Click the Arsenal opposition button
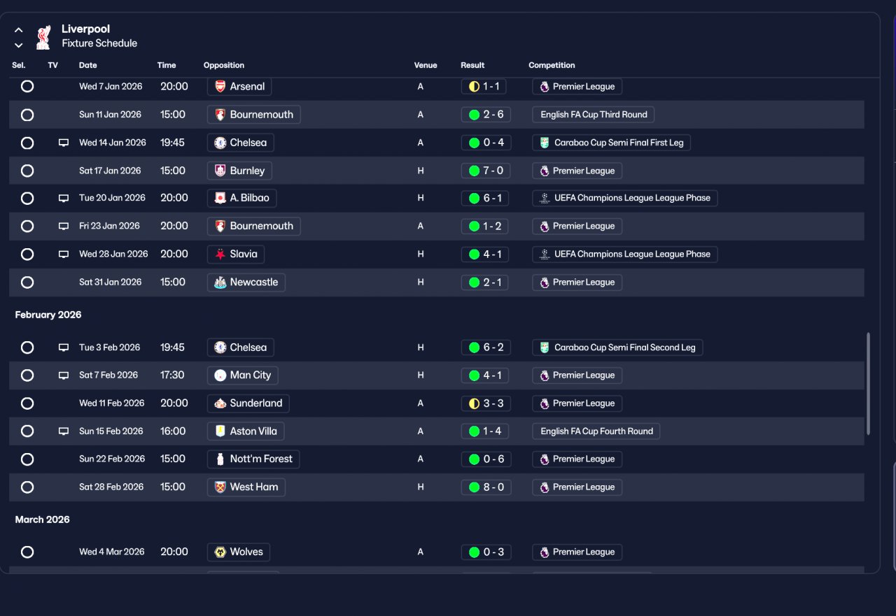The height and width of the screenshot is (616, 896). pyautogui.click(x=239, y=87)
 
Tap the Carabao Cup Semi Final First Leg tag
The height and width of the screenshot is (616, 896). pyautogui.click(x=612, y=143)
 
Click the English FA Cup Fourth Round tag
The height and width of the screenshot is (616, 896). pyautogui.click(x=596, y=431)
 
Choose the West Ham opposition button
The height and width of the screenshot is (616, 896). pyautogui.click(x=246, y=487)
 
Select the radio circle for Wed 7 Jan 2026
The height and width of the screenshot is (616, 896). pyautogui.click(x=27, y=87)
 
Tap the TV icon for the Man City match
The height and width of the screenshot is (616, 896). pyautogui.click(x=64, y=375)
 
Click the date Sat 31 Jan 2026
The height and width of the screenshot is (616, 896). pyautogui.click(x=110, y=282)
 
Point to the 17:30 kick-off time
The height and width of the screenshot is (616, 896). pyautogui.click(x=172, y=375)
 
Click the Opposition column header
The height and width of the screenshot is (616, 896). pyautogui.click(x=224, y=65)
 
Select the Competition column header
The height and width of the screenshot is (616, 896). pyautogui.click(x=552, y=65)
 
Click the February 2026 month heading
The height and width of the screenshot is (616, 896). pyautogui.click(x=48, y=315)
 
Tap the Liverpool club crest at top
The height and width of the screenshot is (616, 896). pyautogui.click(x=43, y=36)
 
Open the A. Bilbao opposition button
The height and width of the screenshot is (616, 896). pyautogui.click(x=242, y=198)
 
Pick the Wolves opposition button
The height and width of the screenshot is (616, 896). pyautogui.click(x=239, y=552)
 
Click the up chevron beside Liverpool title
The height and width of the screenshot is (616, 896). pyautogui.click(x=19, y=30)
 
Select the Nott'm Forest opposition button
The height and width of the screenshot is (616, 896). pyautogui.click(x=254, y=459)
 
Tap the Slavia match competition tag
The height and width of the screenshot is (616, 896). pyautogui.click(x=624, y=255)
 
